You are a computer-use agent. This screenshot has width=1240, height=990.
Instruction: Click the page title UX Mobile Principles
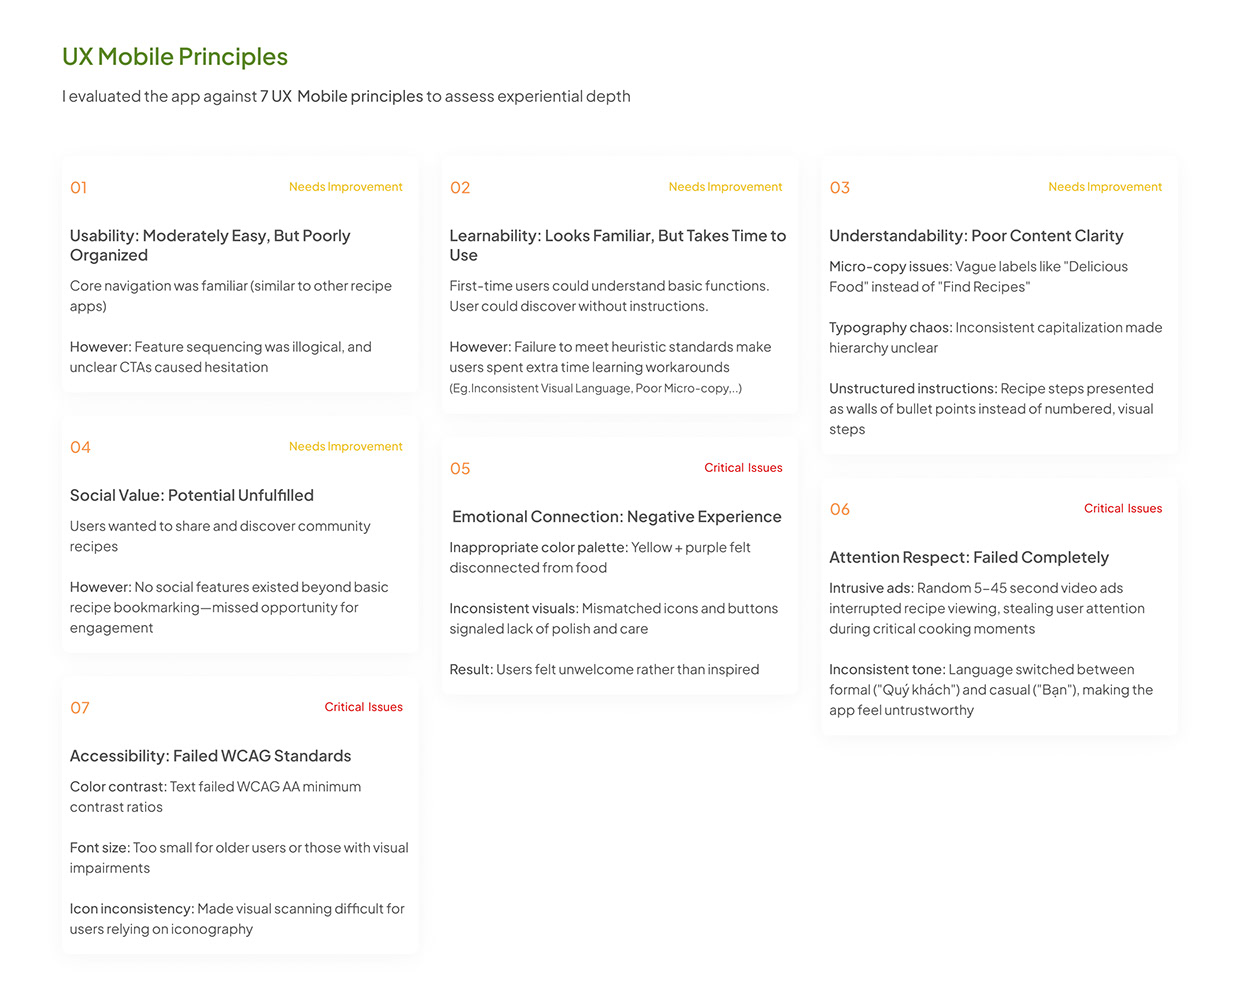coord(175,57)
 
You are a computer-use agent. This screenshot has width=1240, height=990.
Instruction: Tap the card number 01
coord(79,188)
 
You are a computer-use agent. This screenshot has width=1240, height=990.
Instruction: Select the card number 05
coord(460,469)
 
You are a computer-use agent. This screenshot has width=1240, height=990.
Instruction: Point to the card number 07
coord(80,708)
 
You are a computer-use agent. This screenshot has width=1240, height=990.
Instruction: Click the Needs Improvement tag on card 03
coord(1105,187)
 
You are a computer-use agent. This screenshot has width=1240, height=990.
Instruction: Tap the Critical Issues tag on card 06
coord(1123,508)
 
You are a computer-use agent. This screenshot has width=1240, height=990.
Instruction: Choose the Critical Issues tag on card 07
coord(363,707)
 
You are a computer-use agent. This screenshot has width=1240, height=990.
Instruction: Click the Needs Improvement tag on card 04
coord(345,447)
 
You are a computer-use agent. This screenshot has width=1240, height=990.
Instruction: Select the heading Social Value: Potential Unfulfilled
coord(192,495)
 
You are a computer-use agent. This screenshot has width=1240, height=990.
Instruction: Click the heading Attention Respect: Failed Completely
coord(969,557)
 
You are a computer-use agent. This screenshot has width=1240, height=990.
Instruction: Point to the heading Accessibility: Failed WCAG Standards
coord(210,756)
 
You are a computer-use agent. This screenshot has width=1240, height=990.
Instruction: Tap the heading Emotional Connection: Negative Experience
coord(617,516)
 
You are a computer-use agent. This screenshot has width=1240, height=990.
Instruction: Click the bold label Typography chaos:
coord(890,327)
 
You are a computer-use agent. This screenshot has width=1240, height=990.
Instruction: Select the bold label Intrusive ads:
coord(871,588)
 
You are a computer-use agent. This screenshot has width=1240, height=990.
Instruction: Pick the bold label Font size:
coord(99,848)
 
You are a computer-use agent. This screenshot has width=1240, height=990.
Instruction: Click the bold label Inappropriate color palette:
coord(538,547)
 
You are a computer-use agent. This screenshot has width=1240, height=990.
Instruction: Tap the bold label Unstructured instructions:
coord(913,388)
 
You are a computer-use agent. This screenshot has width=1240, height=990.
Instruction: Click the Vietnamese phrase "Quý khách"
coord(914,690)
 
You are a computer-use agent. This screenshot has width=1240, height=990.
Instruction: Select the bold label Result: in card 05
coord(471,669)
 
